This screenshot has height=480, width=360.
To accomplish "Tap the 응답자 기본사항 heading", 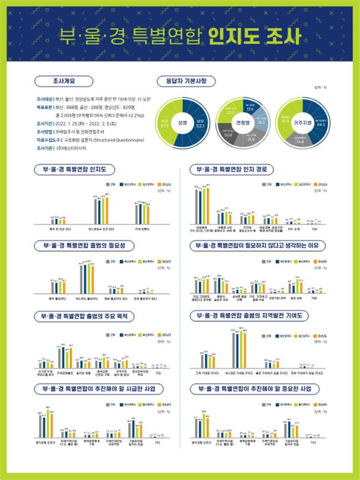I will click(x=183, y=81).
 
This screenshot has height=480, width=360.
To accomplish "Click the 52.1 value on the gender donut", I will click(x=200, y=126).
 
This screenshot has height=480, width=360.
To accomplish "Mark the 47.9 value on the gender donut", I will click(x=164, y=125).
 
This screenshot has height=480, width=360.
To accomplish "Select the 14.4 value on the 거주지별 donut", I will click(x=300, y=142).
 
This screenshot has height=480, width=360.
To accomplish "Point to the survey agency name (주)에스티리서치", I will click(x=71, y=149).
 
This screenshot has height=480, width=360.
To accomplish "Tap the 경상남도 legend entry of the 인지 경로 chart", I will click(x=324, y=182).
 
